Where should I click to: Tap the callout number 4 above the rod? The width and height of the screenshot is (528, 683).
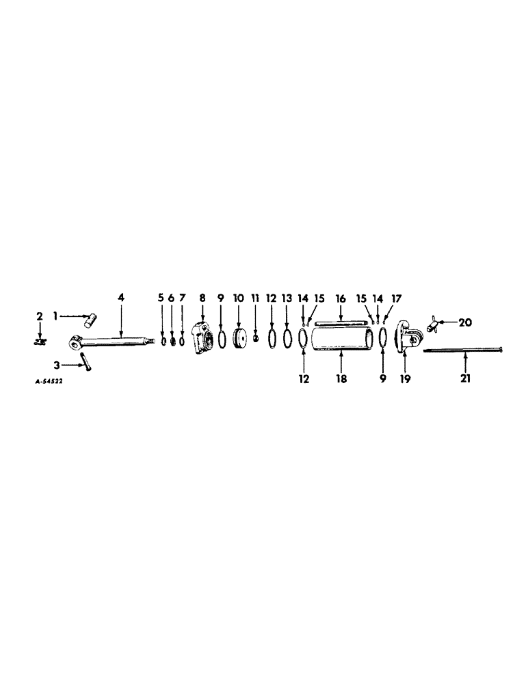pos(121,298)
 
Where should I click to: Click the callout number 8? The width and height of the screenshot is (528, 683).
pos(202,298)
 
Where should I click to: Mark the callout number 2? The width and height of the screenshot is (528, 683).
pos(40,316)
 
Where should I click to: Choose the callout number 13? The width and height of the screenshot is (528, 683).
pos(287,298)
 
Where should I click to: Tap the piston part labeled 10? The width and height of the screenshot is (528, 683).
pos(239,339)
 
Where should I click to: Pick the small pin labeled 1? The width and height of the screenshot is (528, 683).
pos(91,318)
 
